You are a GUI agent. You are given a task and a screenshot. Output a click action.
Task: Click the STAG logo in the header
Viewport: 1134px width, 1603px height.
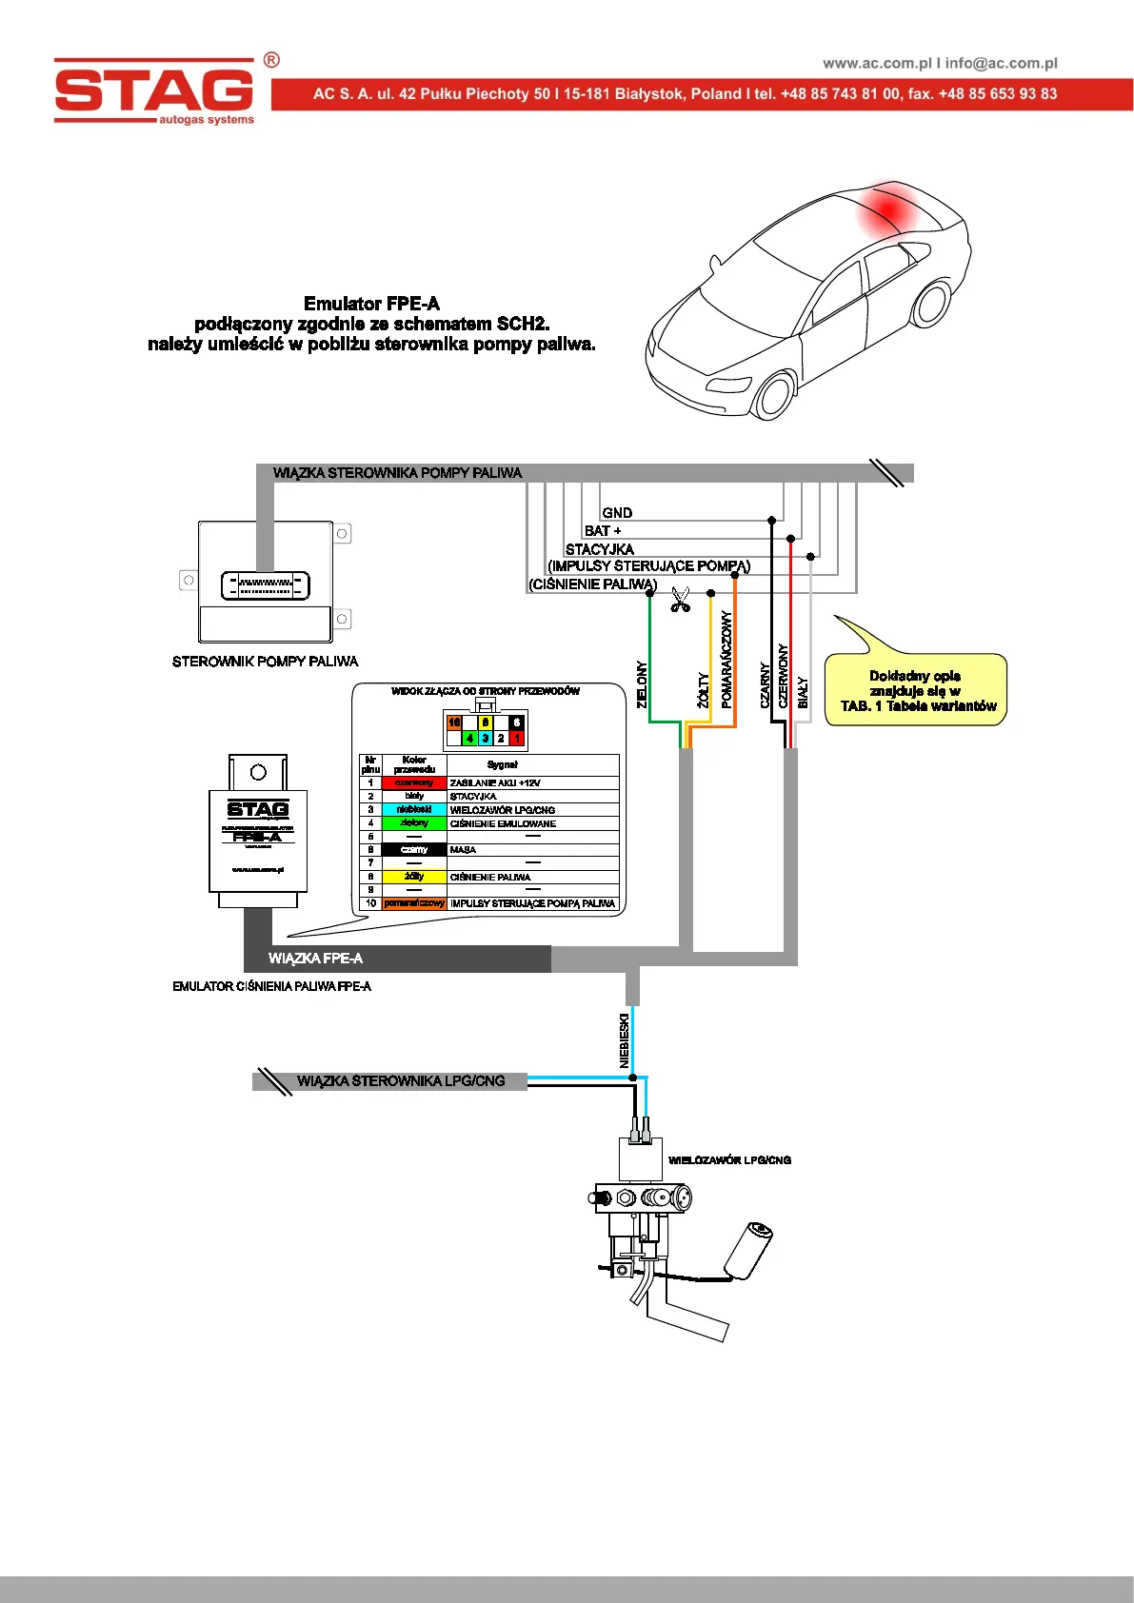[155, 91]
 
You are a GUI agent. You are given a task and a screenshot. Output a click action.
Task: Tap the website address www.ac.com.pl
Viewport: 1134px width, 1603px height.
[877, 63]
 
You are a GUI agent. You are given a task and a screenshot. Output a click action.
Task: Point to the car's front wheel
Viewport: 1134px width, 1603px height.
[773, 393]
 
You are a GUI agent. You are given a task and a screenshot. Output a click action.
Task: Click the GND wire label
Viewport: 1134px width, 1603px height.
[617, 513]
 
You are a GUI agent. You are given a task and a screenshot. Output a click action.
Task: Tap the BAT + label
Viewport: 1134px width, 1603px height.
[603, 531]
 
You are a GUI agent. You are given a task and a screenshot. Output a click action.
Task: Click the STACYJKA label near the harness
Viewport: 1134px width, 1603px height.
[599, 549]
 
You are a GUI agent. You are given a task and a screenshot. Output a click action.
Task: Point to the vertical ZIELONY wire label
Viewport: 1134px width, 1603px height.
[642, 684]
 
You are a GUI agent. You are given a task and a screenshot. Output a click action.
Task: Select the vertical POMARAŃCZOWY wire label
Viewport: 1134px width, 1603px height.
[726, 659]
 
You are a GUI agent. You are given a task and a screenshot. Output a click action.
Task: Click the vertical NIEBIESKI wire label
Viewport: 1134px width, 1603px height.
[625, 1040]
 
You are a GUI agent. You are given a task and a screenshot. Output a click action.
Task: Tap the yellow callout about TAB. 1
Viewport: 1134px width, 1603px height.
[916, 690]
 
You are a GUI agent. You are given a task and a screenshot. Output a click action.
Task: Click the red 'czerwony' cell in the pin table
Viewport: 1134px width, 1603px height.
[414, 782]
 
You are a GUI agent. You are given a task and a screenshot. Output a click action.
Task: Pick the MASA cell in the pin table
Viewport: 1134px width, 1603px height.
[463, 849]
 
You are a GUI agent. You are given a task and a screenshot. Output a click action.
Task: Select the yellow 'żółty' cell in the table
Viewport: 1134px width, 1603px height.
[414, 877]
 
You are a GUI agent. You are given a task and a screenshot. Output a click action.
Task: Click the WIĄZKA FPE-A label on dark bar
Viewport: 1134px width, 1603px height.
[315, 959]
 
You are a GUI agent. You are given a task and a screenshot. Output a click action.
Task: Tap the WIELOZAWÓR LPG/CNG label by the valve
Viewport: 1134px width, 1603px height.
[729, 1160]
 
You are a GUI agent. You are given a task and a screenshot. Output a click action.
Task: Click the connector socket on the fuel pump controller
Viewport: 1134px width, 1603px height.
[266, 584]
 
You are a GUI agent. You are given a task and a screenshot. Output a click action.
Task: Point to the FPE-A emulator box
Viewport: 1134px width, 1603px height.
[258, 838]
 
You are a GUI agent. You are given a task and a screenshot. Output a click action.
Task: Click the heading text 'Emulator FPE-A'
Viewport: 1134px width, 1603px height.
[371, 304]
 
